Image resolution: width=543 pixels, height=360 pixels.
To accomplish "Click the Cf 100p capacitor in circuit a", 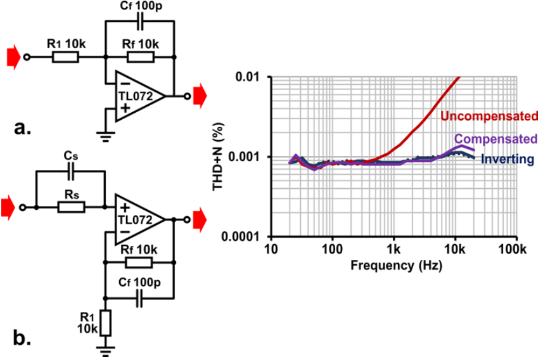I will coord(140,21).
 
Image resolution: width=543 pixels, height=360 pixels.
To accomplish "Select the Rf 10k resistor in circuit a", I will coord(140,58).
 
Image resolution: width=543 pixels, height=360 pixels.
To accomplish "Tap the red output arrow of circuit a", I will coord(200,96).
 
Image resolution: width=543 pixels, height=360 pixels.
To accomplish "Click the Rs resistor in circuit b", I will coord(72,207).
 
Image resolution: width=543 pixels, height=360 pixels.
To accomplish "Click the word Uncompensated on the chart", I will coord(489,116).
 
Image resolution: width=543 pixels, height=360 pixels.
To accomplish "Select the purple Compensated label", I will coord(495,139).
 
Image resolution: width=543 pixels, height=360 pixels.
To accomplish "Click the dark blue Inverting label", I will coord(507,160).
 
